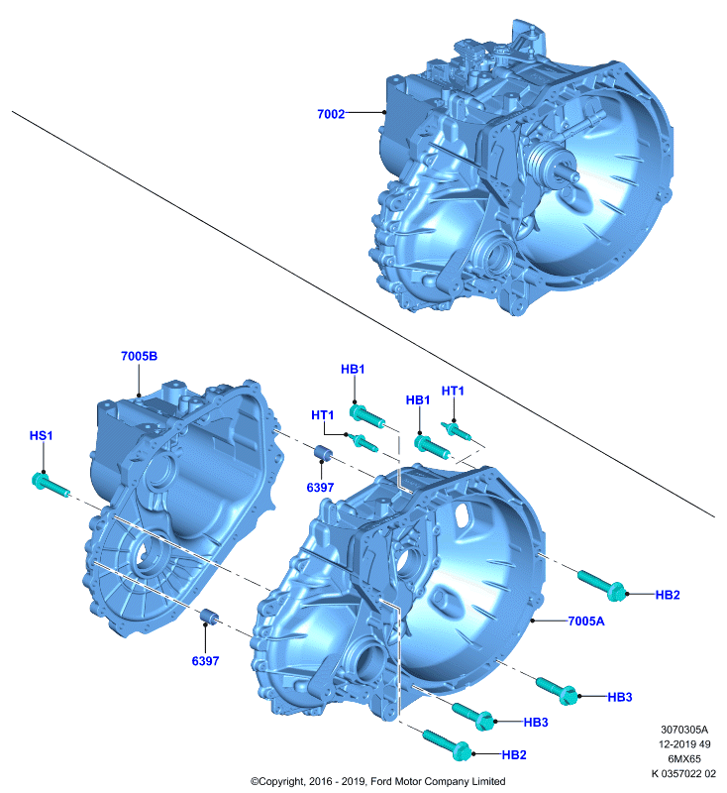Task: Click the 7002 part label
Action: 331,114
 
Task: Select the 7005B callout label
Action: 139,356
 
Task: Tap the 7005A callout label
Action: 586,622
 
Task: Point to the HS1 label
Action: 41,435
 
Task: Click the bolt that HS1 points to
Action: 50,485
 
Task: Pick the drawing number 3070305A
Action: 684,730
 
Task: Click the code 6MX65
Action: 684,758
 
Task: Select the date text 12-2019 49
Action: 684,744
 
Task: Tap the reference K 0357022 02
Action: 683,773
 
